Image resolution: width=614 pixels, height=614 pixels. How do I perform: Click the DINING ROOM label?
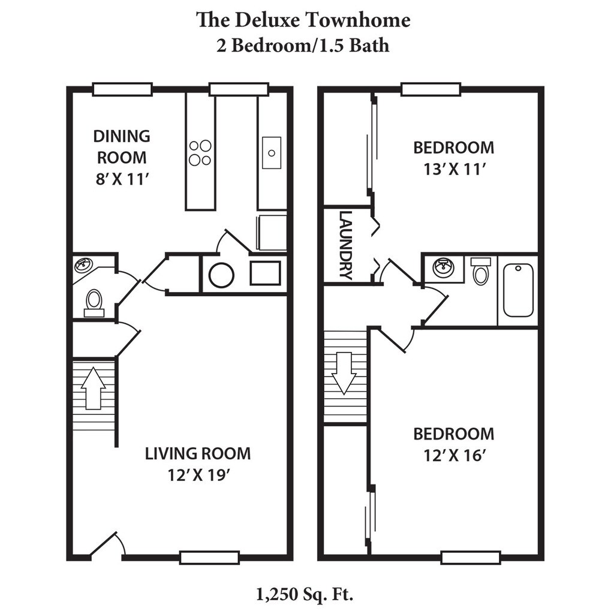coord(122,147)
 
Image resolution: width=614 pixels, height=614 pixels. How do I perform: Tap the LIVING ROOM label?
coord(198,453)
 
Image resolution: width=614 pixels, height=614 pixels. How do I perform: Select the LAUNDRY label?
coord(345,245)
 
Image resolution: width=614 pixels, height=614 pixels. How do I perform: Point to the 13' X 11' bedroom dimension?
coord(455,170)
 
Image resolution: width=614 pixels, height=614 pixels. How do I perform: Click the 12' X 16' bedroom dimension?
coord(455,456)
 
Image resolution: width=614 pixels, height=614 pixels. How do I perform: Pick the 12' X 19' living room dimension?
coord(198,475)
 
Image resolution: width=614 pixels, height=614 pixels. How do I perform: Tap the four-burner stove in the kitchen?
coord(200,153)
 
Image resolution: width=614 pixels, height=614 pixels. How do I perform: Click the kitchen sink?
coord(272,153)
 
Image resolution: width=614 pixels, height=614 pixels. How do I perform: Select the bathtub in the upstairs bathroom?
coord(518,290)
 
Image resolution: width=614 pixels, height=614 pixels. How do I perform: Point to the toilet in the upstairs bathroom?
coord(480,271)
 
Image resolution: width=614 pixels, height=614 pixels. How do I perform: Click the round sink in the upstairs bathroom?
coord(443,268)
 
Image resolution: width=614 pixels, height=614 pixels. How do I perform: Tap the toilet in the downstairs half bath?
coord(94,303)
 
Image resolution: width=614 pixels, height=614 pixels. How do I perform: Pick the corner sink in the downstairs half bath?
coord(83,266)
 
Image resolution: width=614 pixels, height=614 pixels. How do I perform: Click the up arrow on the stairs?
coord(93,388)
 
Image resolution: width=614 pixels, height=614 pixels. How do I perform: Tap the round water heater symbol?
coord(222,275)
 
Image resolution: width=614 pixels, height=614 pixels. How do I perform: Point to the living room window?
coord(209,558)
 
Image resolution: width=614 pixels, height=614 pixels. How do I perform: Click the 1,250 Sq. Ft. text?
coord(305,595)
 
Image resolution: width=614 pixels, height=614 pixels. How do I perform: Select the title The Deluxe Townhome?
coord(303,20)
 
